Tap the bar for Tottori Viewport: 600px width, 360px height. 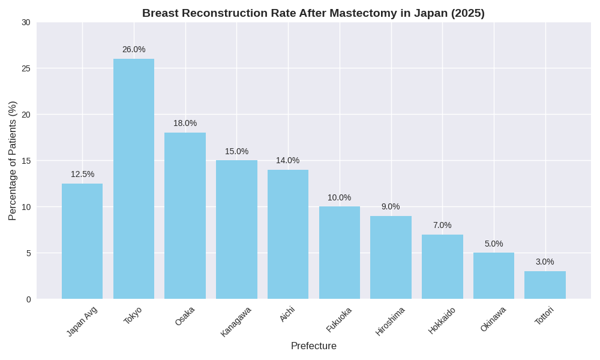click(x=545, y=285)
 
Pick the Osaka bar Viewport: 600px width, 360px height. click(x=185, y=216)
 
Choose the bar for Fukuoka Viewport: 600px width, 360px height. click(x=340, y=253)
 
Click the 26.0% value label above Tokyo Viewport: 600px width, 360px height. click(x=134, y=49)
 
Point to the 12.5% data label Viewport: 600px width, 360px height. click(x=82, y=174)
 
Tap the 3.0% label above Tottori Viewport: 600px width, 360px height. click(x=545, y=262)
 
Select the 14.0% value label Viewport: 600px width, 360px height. click(x=287, y=160)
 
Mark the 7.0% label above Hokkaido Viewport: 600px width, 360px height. click(x=442, y=225)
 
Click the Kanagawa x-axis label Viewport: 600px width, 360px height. click(x=236, y=322)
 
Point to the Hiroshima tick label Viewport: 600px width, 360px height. click(x=390, y=321)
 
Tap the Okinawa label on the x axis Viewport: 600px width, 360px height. click(x=493, y=319)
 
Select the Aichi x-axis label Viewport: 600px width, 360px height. click(x=287, y=314)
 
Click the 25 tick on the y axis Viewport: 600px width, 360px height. click(x=26, y=68)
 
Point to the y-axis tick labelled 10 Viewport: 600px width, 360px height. click(x=26, y=207)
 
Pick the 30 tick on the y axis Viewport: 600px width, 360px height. click(x=26, y=22)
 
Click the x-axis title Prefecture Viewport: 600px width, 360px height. click(x=313, y=346)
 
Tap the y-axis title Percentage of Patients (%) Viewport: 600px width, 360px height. click(x=12, y=161)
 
